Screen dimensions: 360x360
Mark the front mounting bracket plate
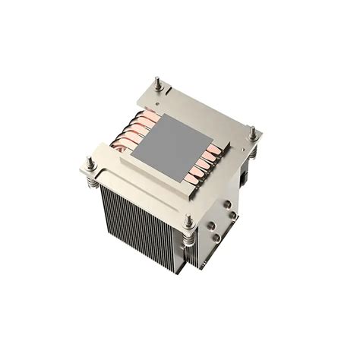coord(141,178)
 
